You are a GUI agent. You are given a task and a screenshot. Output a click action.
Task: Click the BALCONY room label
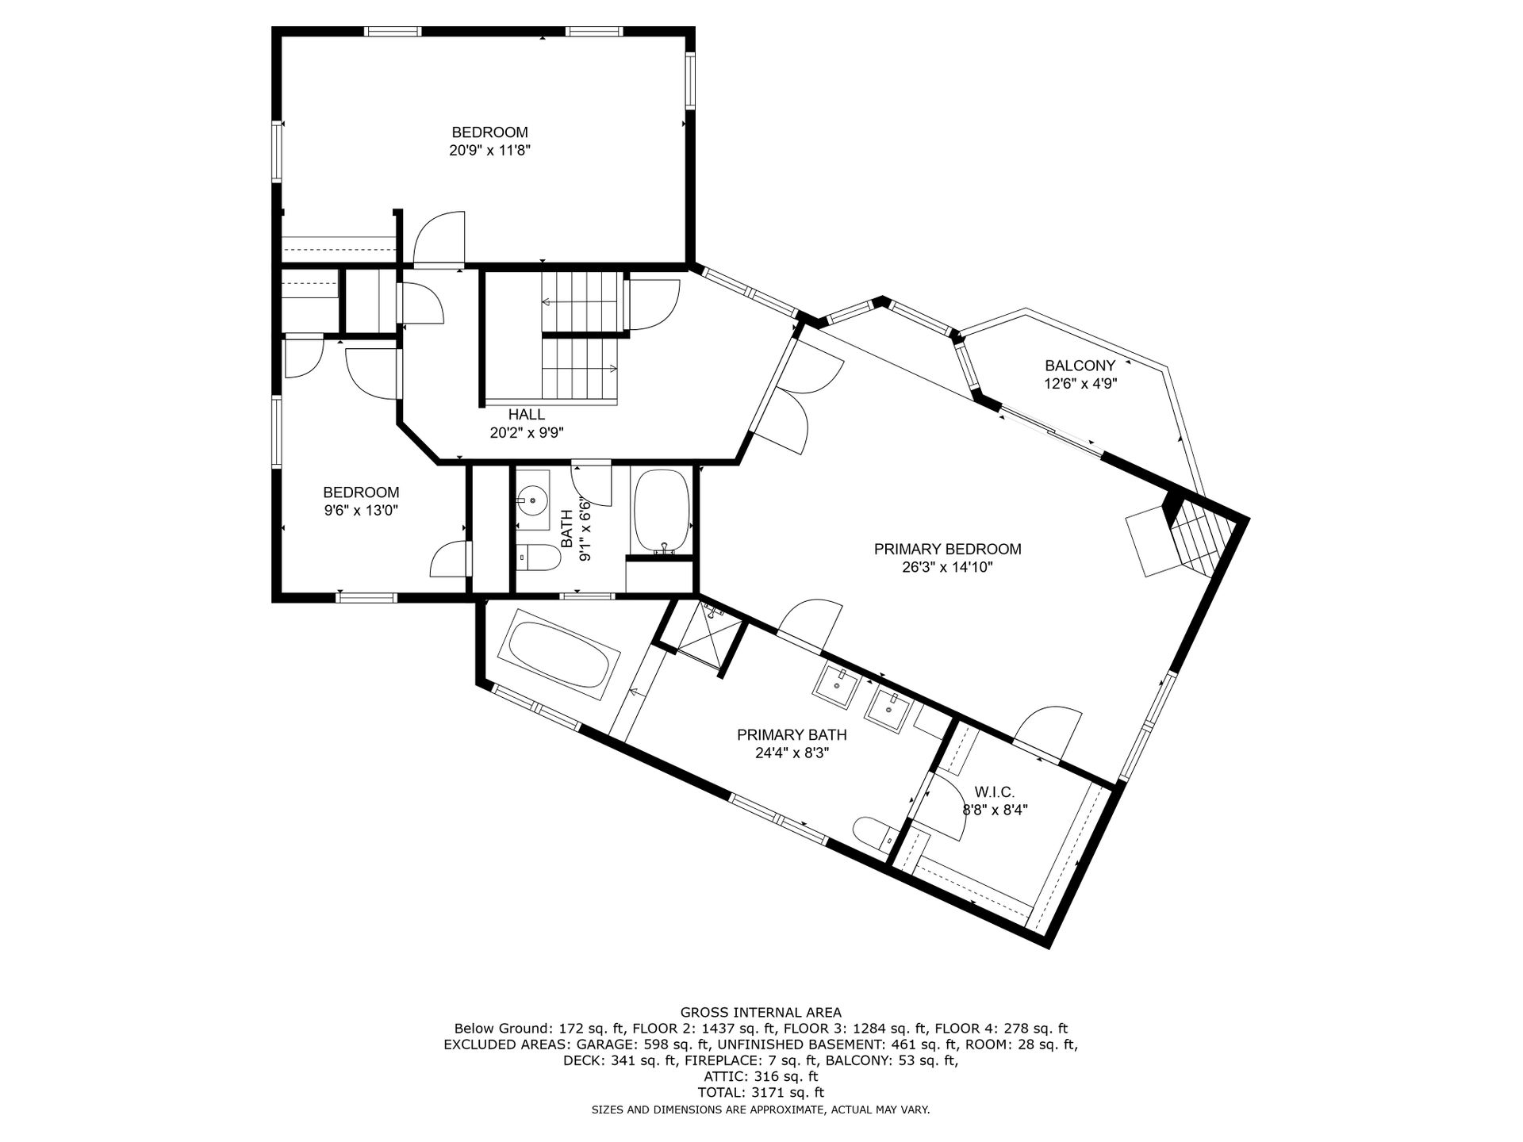pos(1080,366)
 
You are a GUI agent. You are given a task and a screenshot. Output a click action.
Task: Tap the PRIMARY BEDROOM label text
pos(947,549)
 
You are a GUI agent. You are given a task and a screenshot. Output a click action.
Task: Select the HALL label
pos(527,414)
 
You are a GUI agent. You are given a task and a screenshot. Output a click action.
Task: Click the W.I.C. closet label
pos(995,791)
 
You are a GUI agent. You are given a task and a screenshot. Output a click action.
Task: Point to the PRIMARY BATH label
pos(792,735)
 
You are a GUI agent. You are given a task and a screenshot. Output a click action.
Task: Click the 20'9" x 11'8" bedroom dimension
pos(489,150)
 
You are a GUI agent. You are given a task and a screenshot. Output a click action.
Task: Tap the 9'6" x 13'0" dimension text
pos(361,510)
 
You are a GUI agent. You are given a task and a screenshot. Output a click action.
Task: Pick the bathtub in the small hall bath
pos(663,511)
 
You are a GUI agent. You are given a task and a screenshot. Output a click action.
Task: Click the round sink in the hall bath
pos(531,500)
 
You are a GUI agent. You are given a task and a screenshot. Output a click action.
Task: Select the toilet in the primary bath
pos(877,833)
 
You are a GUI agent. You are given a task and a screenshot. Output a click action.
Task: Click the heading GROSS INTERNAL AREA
pos(761,1012)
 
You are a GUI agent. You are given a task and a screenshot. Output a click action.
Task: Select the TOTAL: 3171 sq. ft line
pos(761,1093)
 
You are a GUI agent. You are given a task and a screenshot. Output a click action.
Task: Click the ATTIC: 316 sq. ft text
pos(761,1077)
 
